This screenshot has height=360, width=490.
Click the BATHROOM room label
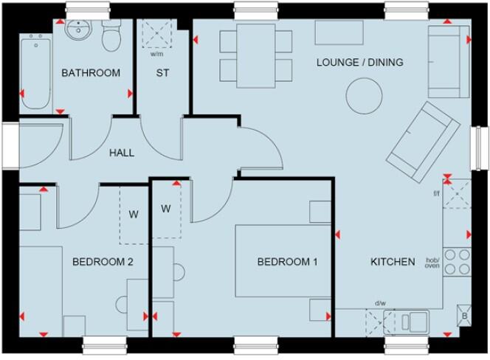coord(91,73)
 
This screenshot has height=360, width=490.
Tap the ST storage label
coord(162,73)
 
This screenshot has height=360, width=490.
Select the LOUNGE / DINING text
coord(359,63)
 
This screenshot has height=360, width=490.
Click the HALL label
coord(122,153)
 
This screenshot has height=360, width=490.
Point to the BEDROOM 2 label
coord(103,261)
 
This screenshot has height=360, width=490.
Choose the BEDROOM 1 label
coord(287,262)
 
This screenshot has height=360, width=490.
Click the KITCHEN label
coord(392,261)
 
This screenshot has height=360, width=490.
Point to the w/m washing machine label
coord(156,54)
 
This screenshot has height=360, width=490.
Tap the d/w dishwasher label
coord(379,303)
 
